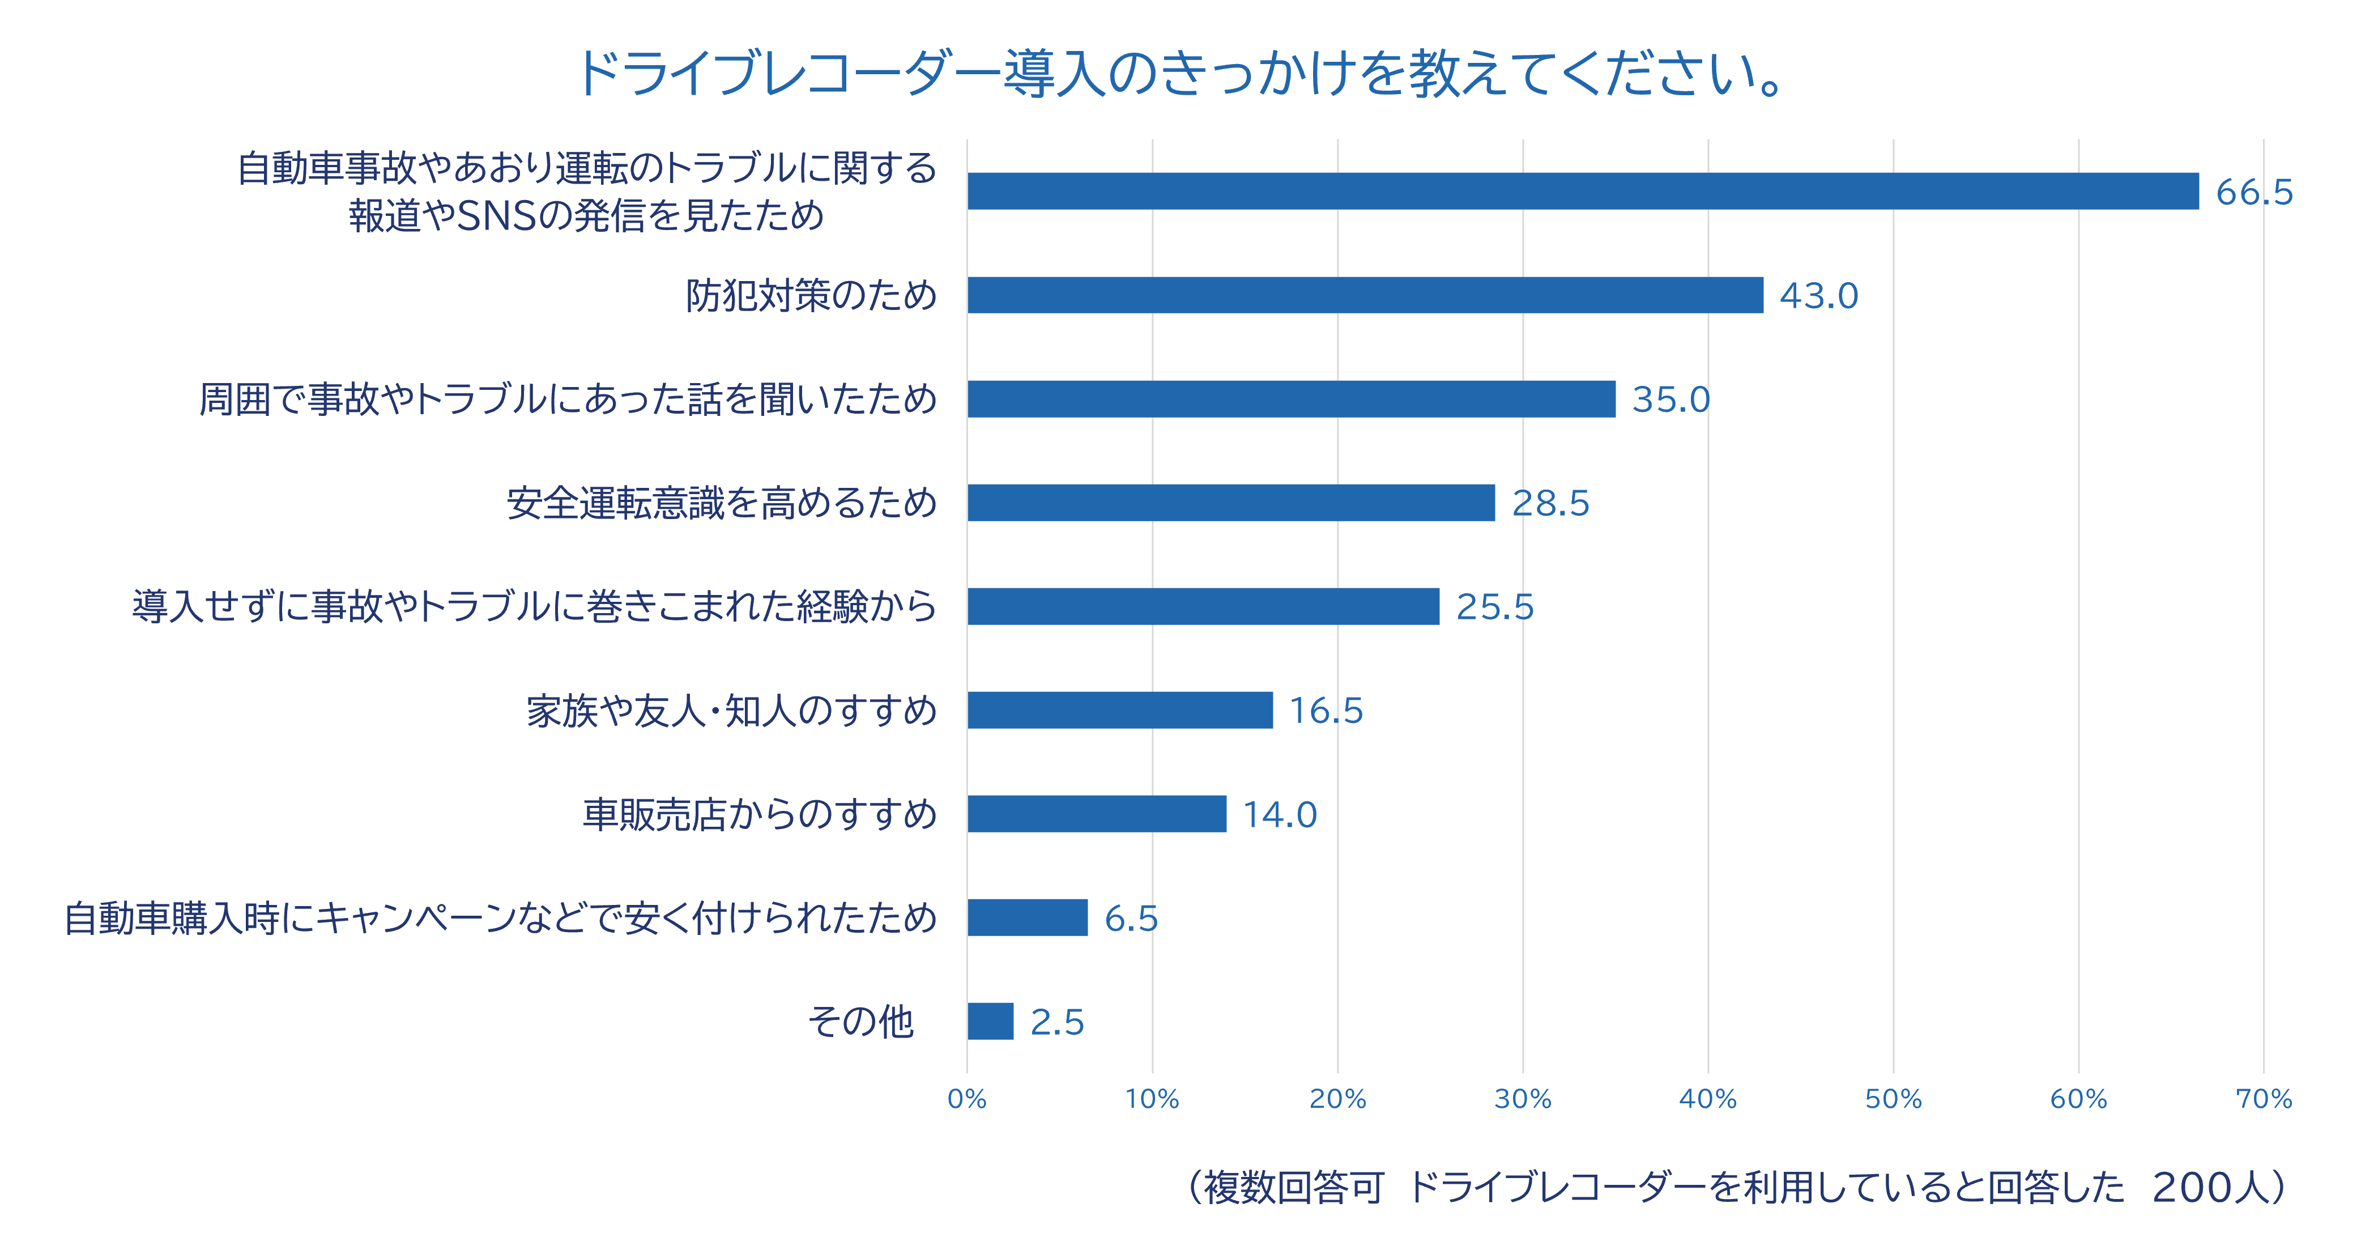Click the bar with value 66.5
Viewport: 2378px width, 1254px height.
coord(1583,191)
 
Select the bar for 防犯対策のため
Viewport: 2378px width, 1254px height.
coord(1365,295)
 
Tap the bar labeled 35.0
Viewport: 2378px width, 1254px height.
coord(1292,399)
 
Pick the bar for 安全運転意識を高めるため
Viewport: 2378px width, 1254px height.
coord(1231,503)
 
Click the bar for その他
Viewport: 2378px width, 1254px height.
coord(991,1021)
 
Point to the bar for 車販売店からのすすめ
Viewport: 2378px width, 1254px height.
coord(1097,814)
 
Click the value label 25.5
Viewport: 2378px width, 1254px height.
coord(1494,607)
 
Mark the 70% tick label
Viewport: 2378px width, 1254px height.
coord(2264,1099)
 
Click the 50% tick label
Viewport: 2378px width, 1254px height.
coord(1893,1099)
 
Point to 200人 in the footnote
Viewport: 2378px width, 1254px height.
coord(2208,1188)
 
